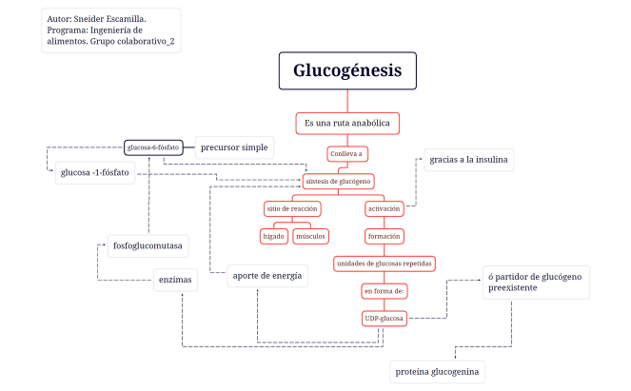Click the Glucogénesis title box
click(x=347, y=71)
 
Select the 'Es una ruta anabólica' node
click(x=347, y=124)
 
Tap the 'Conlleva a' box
click(x=347, y=153)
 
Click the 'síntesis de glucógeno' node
click(x=338, y=181)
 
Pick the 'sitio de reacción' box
click(x=292, y=208)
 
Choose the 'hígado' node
click(x=273, y=235)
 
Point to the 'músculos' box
click(x=310, y=235)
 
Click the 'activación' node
click(x=385, y=208)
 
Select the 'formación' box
click(x=385, y=235)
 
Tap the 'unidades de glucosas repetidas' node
click(x=385, y=263)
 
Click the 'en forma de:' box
click(x=385, y=290)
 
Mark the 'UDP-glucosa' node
click(x=385, y=318)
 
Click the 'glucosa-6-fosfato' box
click(x=153, y=147)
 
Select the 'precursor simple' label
click(x=234, y=147)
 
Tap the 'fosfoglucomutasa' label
click(x=147, y=245)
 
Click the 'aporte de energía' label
click(x=267, y=276)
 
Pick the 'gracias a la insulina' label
click(x=468, y=159)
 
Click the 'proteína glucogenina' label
click(x=438, y=372)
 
